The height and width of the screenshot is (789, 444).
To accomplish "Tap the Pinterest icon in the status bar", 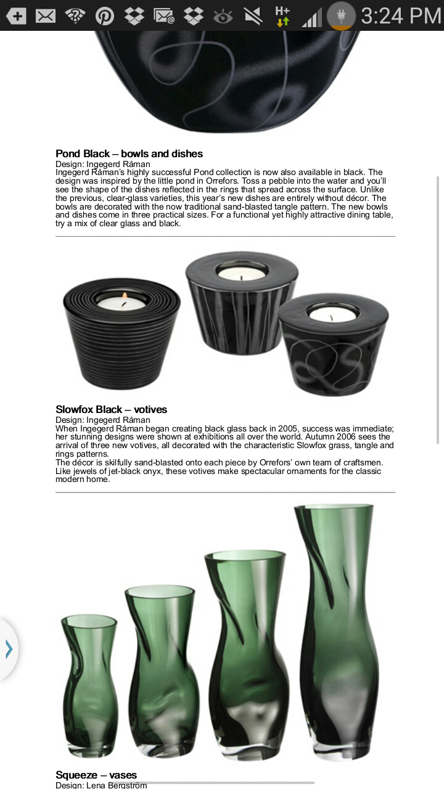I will [104, 15].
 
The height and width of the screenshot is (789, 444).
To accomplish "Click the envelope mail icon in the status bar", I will [46, 15].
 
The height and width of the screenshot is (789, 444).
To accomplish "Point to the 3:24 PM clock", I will [401, 15].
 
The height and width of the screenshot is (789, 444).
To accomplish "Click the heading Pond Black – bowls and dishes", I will [129, 153].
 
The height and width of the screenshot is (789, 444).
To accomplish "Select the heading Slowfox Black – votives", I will [111, 409].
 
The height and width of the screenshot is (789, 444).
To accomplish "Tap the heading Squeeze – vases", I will [96, 775].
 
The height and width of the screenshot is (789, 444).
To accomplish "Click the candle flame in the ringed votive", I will [125, 299].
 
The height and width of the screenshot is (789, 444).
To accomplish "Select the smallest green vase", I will [89, 684].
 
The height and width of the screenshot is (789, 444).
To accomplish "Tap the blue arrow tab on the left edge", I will [9, 649].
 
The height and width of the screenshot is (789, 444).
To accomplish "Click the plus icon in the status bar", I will [17, 15].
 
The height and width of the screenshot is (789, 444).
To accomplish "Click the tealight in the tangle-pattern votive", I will [332, 314].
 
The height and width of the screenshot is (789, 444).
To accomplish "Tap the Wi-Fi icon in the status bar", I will [75, 15].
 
